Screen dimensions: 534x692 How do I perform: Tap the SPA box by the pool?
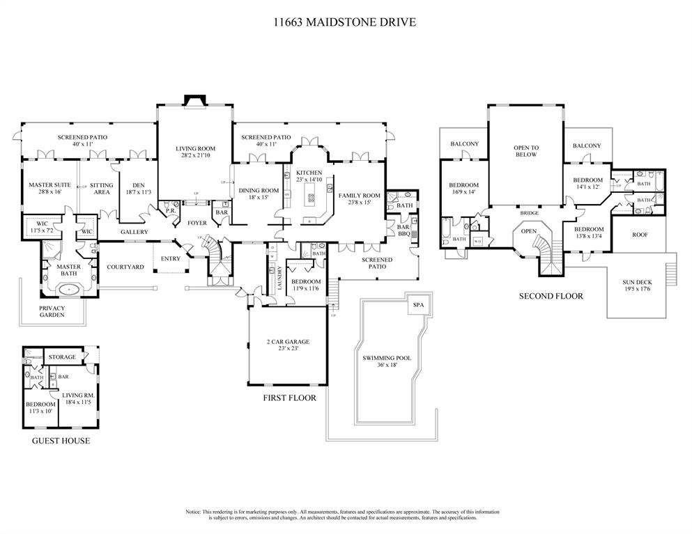(x=418, y=306)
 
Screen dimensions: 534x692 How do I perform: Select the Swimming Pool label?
(x=387, y=361)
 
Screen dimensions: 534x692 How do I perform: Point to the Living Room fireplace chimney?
(x=194, y=102)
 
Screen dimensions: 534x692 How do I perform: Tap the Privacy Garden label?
(x=52, y=311)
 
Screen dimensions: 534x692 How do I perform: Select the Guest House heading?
(x=61, y=441)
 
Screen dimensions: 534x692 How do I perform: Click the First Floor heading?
(x=289, y=398)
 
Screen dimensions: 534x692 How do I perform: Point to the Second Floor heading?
(x=551, y=296)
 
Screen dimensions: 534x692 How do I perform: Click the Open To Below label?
(x=526, y=151)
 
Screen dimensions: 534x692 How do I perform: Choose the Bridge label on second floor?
(x=530, y=213)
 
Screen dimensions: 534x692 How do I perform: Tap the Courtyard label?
(x=125, y=267)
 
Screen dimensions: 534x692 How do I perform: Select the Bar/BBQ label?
(x=403, y=230)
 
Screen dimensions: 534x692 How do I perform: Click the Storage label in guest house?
(x=62, y=357)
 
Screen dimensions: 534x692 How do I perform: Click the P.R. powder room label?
(x=170, y=212)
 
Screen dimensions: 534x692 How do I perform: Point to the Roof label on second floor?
(x=640, y=235)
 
